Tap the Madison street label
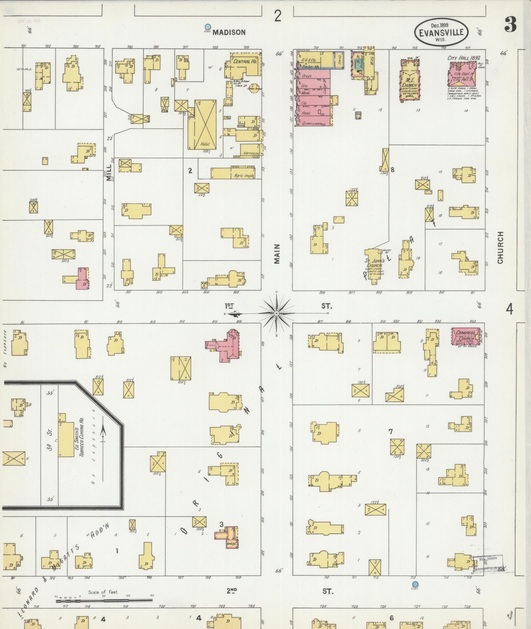tap(229, 32)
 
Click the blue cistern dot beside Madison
tap(208, 27)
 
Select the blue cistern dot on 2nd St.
tap(415, 584)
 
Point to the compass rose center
tap(276, 313)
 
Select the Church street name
tap(500, 248)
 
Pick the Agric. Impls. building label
tap(244, 176)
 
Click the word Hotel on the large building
tap(205, 144)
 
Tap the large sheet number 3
tap(510, 24)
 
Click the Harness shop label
tap(250, 153)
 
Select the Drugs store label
tap(307, 76)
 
